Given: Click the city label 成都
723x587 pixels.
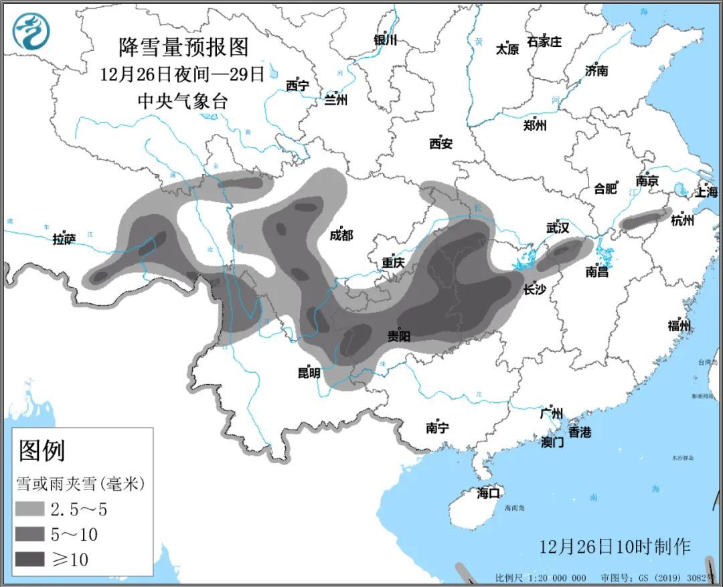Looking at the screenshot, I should point(341,235).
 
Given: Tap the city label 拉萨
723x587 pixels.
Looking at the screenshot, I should point(64,239).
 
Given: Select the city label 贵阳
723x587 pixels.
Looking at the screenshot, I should point(399,336).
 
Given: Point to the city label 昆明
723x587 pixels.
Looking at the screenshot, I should point(309,373).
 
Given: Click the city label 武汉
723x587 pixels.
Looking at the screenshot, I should point(557,228).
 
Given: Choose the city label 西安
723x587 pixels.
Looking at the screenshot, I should point(441,143).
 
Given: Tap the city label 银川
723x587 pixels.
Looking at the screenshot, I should point(386,40).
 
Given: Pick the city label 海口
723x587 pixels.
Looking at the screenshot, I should point(489,493).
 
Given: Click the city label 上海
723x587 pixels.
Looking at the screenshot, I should point(706,192).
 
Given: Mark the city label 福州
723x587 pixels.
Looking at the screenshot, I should point(679,326).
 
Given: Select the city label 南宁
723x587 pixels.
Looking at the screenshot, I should point(437,428).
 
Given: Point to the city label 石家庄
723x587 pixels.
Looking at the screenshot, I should point(544,41).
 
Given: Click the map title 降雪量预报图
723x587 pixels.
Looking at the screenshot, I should point(183,47).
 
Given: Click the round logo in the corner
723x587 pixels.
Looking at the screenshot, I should point(31,32).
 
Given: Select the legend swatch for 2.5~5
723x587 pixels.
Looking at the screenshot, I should point(29,509).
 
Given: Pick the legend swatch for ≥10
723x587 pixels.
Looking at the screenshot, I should point(29,558).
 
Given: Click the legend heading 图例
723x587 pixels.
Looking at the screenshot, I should point(42,450).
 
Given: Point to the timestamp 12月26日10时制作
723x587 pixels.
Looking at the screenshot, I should point(615,546).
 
